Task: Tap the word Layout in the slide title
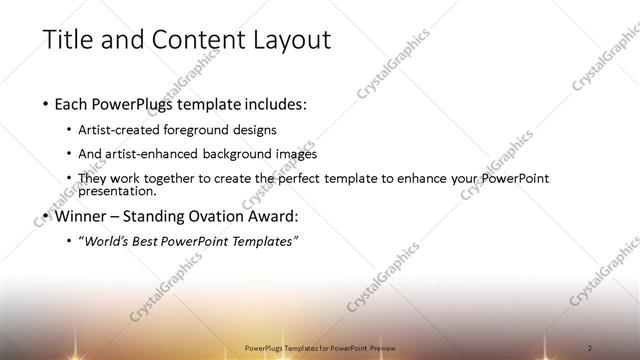click(289, 41)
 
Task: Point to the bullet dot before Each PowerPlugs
click(46, 104)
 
